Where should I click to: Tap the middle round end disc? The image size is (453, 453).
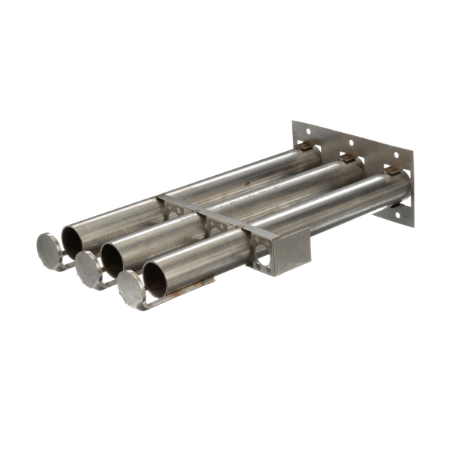point(88,266)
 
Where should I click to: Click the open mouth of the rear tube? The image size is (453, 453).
point(73,240)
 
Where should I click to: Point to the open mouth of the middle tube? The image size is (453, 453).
point(114,259)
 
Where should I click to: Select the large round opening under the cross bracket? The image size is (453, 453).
point(262,261)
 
